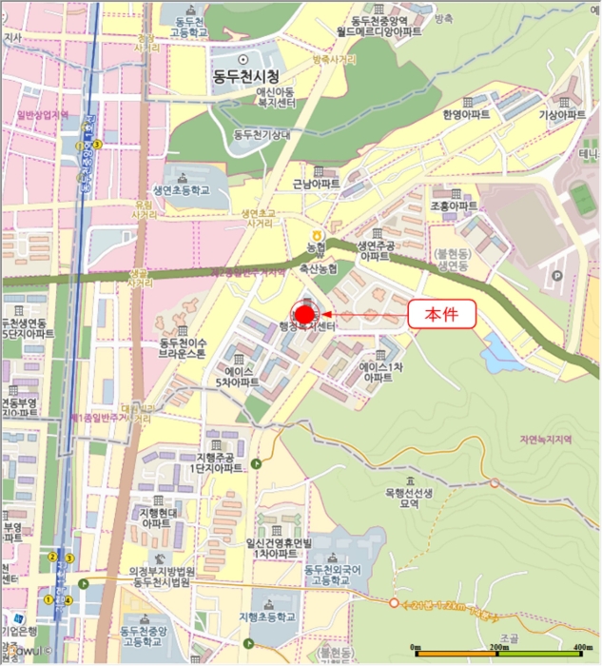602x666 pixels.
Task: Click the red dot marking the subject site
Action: [x=304, y=314]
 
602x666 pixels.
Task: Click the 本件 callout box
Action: [x=441, y=314]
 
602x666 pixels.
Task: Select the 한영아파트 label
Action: [x=466, y=113]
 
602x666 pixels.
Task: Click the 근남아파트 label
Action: [x=316, y=183]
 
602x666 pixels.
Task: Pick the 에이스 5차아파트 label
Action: [x=237, y=376]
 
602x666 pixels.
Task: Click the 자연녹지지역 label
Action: [x=544, y=440]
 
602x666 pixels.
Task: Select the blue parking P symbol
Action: [x=557, y=276]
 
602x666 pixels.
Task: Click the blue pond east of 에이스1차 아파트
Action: [x=501, y=356]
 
